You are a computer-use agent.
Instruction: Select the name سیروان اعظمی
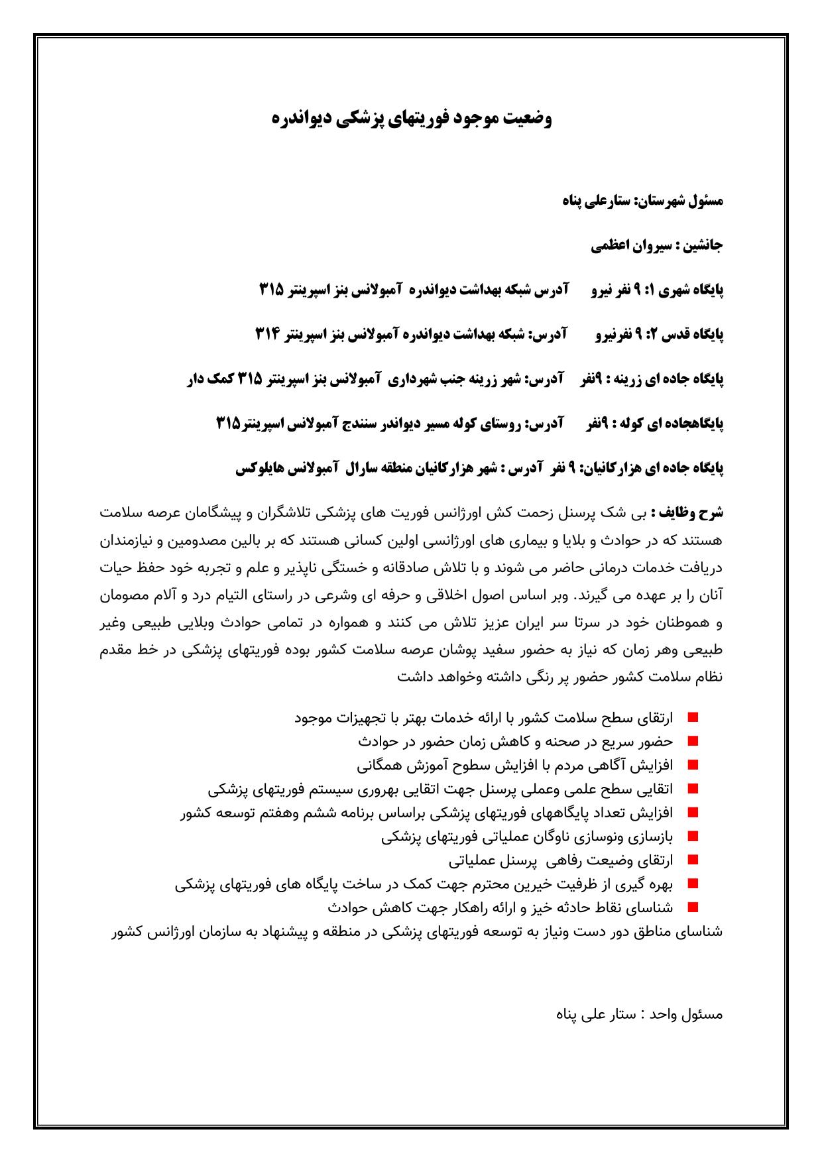630,246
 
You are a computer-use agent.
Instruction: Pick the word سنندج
364,424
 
